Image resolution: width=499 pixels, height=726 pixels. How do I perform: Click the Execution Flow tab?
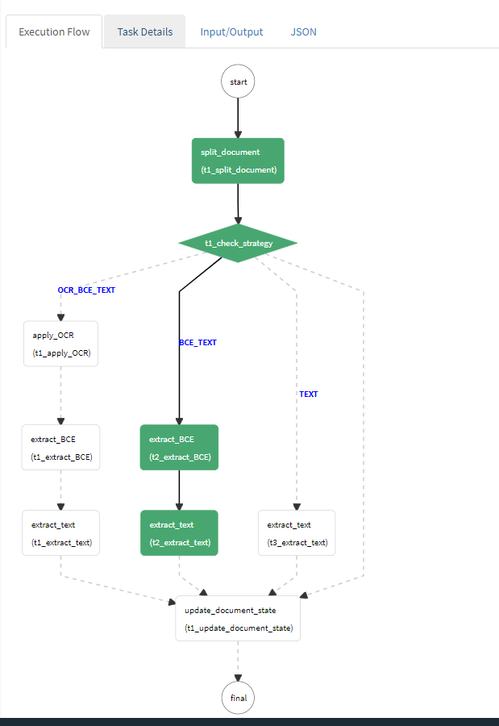coord(54,32)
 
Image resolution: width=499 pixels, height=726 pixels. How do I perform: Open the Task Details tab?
coord(145,32)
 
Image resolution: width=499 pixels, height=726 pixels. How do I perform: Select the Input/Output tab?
coord(232,32)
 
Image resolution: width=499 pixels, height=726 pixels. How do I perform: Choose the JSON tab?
coord(303,32)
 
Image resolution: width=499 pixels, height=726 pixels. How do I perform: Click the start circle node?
coord(238,81)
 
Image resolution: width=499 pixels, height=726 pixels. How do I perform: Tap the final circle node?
coord(238,698)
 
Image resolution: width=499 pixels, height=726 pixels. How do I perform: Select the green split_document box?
coord(238,161)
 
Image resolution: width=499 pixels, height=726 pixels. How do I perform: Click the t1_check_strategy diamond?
coord(238,243)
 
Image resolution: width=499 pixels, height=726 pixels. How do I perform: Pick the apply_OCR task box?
coord(60,344)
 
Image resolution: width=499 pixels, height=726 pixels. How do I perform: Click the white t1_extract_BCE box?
coord(60,448)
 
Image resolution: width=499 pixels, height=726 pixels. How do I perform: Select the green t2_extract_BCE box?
coord(179,448)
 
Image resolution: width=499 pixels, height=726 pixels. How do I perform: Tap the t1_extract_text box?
coord(60,532)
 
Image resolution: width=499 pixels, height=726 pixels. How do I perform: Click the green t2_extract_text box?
coord(179,532)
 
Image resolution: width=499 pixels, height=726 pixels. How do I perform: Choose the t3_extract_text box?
coord(297,532)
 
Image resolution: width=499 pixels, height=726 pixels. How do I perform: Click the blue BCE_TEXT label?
coord(198,343)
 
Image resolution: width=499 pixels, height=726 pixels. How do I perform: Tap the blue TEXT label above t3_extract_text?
coord(309,394)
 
